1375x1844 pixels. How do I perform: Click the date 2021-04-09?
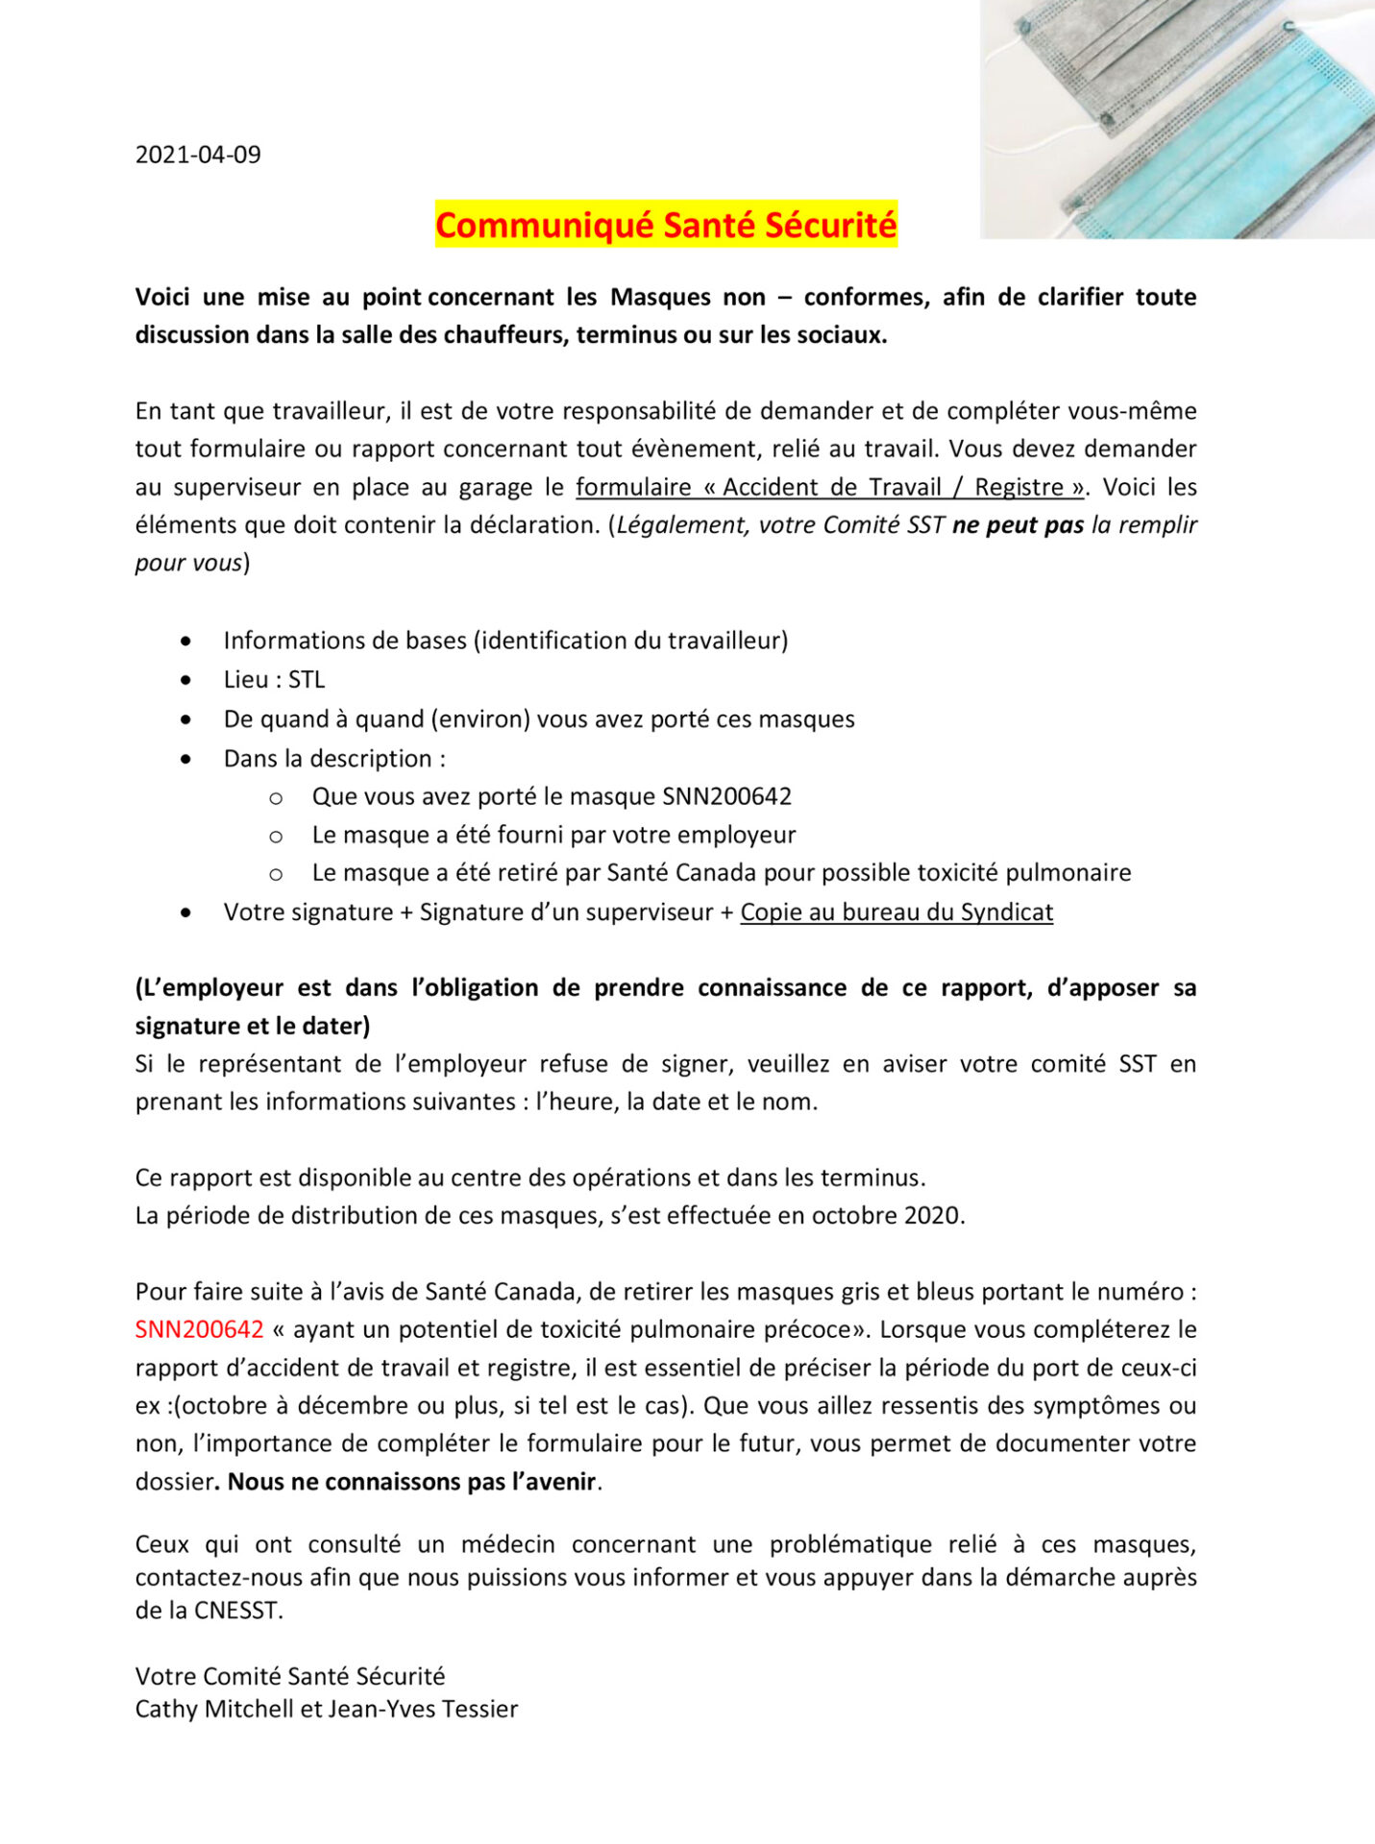[198, 155]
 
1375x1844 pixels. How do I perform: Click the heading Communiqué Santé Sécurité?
[666, 225]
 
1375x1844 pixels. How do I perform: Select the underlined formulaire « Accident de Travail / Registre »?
[829, 487]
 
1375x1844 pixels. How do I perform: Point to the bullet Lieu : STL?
[274, 680]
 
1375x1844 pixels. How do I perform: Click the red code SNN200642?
[199, 1329]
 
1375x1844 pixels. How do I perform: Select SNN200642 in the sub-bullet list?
[726, 796]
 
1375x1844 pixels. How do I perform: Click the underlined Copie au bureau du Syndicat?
[896, 911]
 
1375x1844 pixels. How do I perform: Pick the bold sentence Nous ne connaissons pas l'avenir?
[411, 1482]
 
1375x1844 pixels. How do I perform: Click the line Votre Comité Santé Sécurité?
[290, 1676]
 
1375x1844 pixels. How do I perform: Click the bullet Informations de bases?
[346, 641]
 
